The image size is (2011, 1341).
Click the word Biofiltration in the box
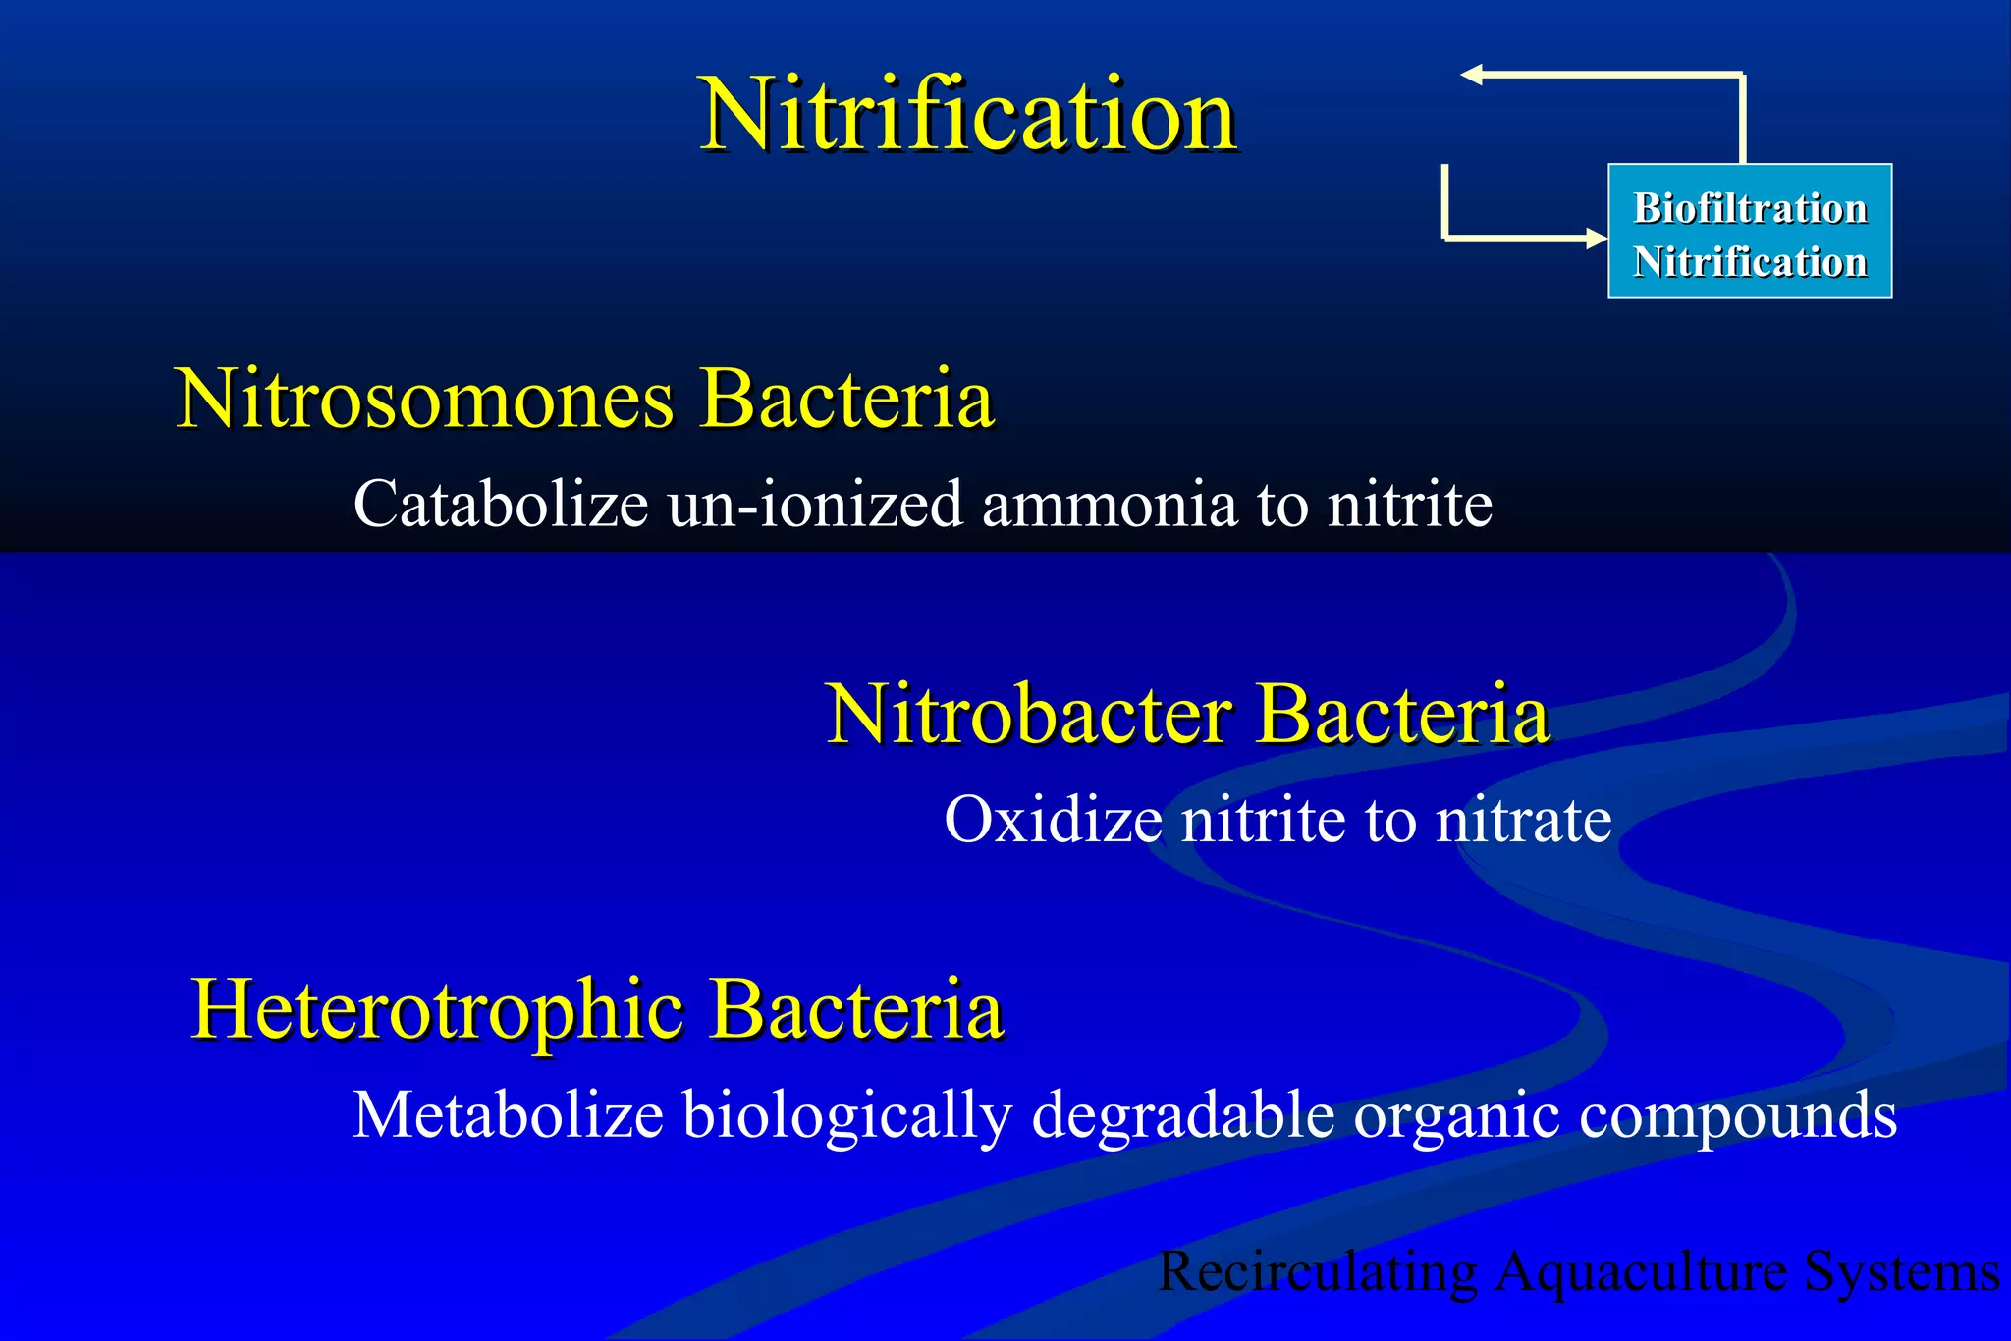[x=1749, y=209]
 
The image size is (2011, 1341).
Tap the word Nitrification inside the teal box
[x=1749, y=263]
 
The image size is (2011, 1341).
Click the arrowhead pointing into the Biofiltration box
[x=1595, y=238]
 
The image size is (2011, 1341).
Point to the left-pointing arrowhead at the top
[x=1471, y=75]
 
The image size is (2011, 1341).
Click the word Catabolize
[x=500, y=505]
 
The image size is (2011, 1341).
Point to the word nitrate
[x=1523, y=820]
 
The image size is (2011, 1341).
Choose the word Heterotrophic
[x=437, y=1010]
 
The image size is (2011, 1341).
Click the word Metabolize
[x=508, y=1115]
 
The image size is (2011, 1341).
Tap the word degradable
[x=1182, y=1115]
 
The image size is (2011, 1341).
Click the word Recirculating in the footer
[x=1318, y=1272]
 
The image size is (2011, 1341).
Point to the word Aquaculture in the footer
[x=1641, y=1272]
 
